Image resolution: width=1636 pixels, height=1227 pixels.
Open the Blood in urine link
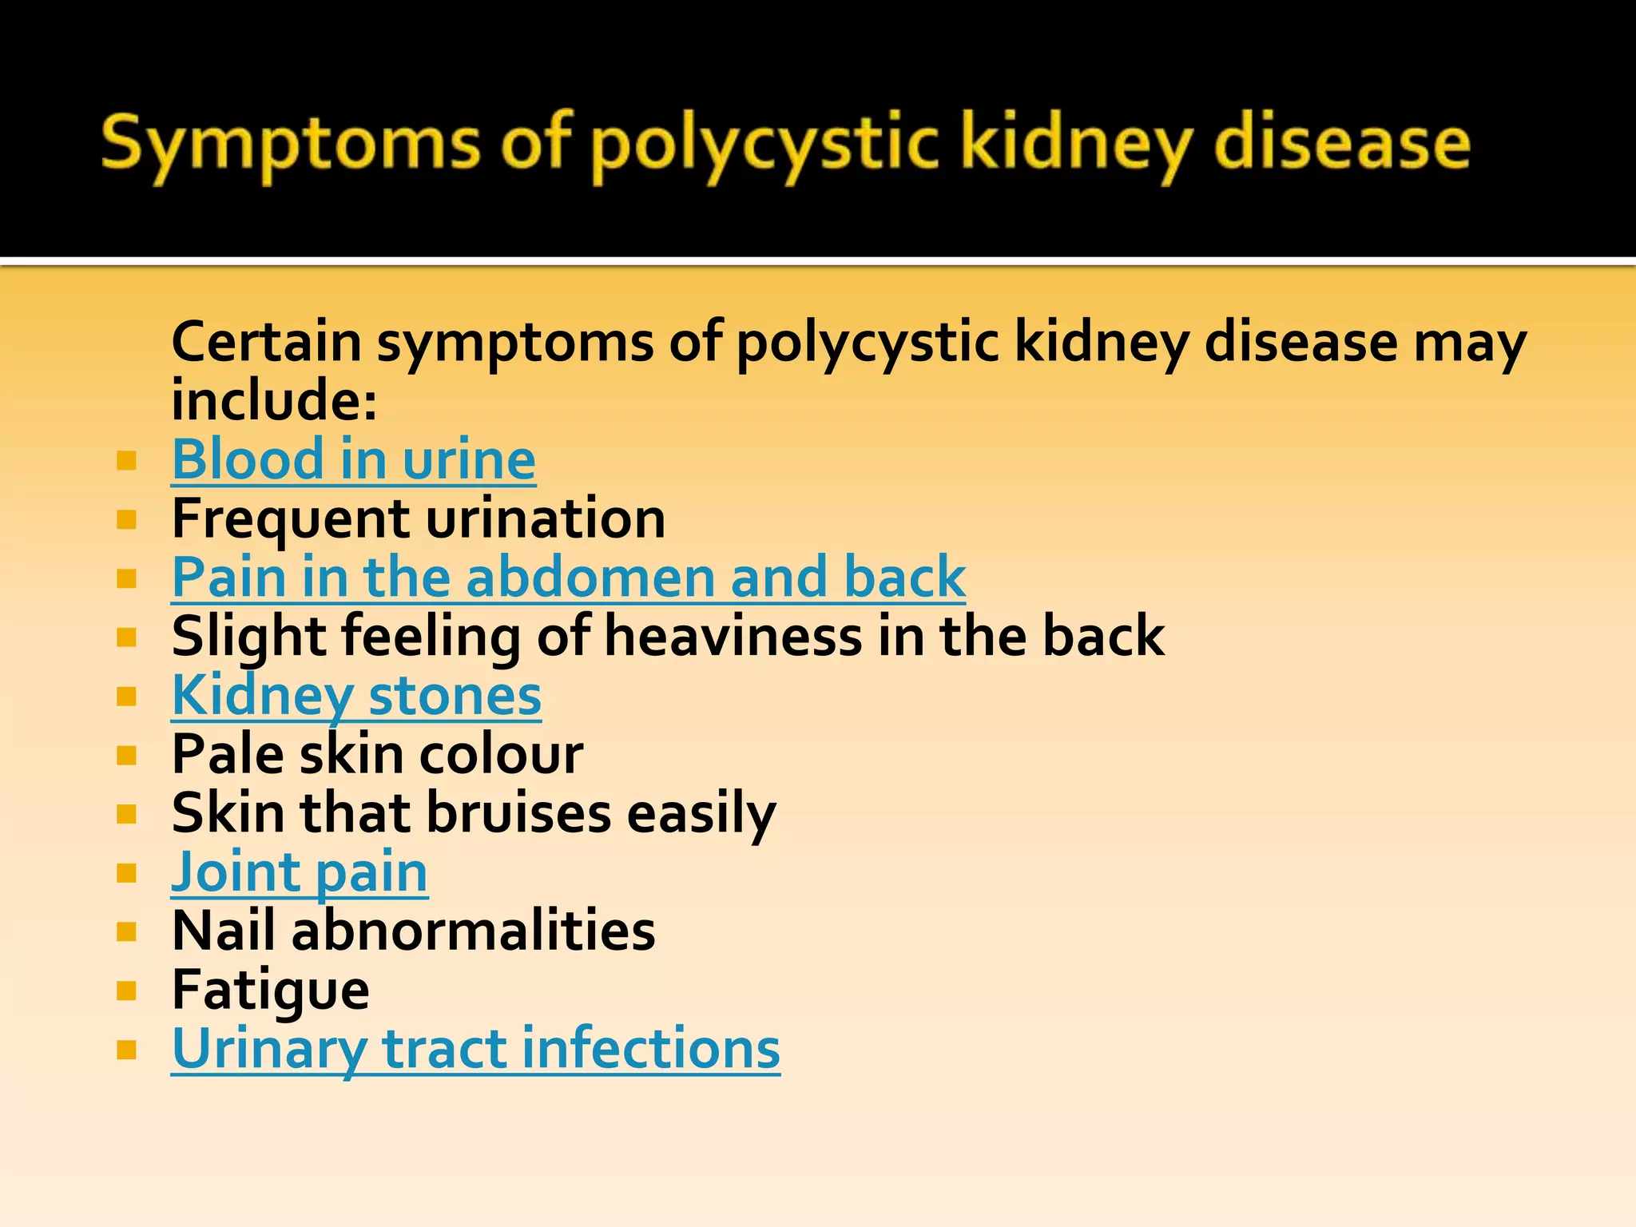[x=353, y=460]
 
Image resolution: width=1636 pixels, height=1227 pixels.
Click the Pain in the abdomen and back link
[x=568, y=578]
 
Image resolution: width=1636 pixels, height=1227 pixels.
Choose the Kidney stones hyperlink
[x=356, y=696]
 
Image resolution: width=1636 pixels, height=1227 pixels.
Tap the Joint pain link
[x=300, y=872]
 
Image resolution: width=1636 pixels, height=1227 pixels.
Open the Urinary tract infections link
[x=475, y=1048]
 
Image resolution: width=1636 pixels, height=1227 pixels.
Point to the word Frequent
[x=291, y=518]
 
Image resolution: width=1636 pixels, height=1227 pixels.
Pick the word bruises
[x=519, y=813]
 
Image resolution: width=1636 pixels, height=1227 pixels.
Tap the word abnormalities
[x=473, y=931]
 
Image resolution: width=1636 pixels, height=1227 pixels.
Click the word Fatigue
[x=270, y=991]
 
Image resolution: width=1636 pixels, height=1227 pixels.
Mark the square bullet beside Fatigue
[x=126, y=991]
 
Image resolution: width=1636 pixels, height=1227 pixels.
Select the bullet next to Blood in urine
[x=126, y=461]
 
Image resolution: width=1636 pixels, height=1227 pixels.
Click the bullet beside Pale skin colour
[x=126, y=755]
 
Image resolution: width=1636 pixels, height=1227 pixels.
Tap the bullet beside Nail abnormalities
[x=126, y=931]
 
